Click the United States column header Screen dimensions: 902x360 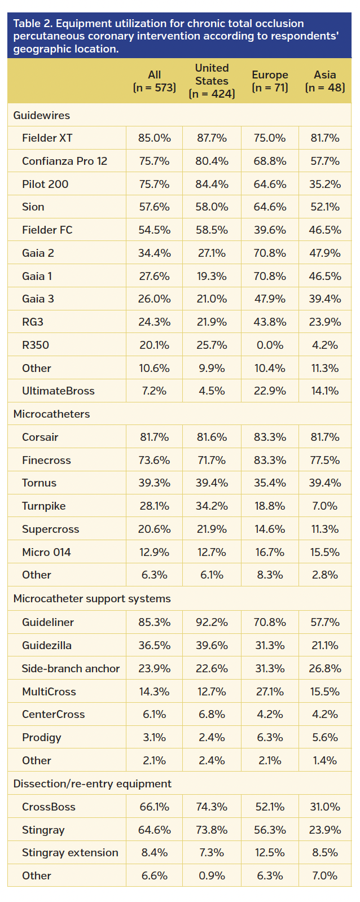click(x=212, y=81)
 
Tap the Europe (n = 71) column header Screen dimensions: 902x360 click(x=270, y=81)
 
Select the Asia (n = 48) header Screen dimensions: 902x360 click(x=325, y=81)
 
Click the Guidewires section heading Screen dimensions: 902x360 click(x=42, y=115)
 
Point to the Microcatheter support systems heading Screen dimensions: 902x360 click(x=92, y=598)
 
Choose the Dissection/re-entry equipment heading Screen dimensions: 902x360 click(x=93, y=783)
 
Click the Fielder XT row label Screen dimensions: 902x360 click(x=47, y=138)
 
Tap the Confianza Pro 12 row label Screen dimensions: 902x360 click(x=64, y=161)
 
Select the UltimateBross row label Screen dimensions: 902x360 click(x=58, y=391)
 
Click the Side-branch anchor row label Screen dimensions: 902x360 click(x=71, y=668)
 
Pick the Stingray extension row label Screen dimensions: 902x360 click(x=70, y=852)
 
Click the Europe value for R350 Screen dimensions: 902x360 click(x=270, y=345)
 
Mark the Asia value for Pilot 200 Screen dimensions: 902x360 click(x=325, y=184)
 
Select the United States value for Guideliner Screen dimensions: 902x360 click(x=212, y=622)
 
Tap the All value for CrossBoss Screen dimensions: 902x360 click(x=154, y=807)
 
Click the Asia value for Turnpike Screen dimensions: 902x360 click(x=325, y=506)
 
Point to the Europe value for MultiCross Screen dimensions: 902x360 click(x=270, y=691)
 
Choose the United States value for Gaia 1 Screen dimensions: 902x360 click(x=212, y=276)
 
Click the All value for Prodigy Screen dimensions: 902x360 click(x=154, y=737)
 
